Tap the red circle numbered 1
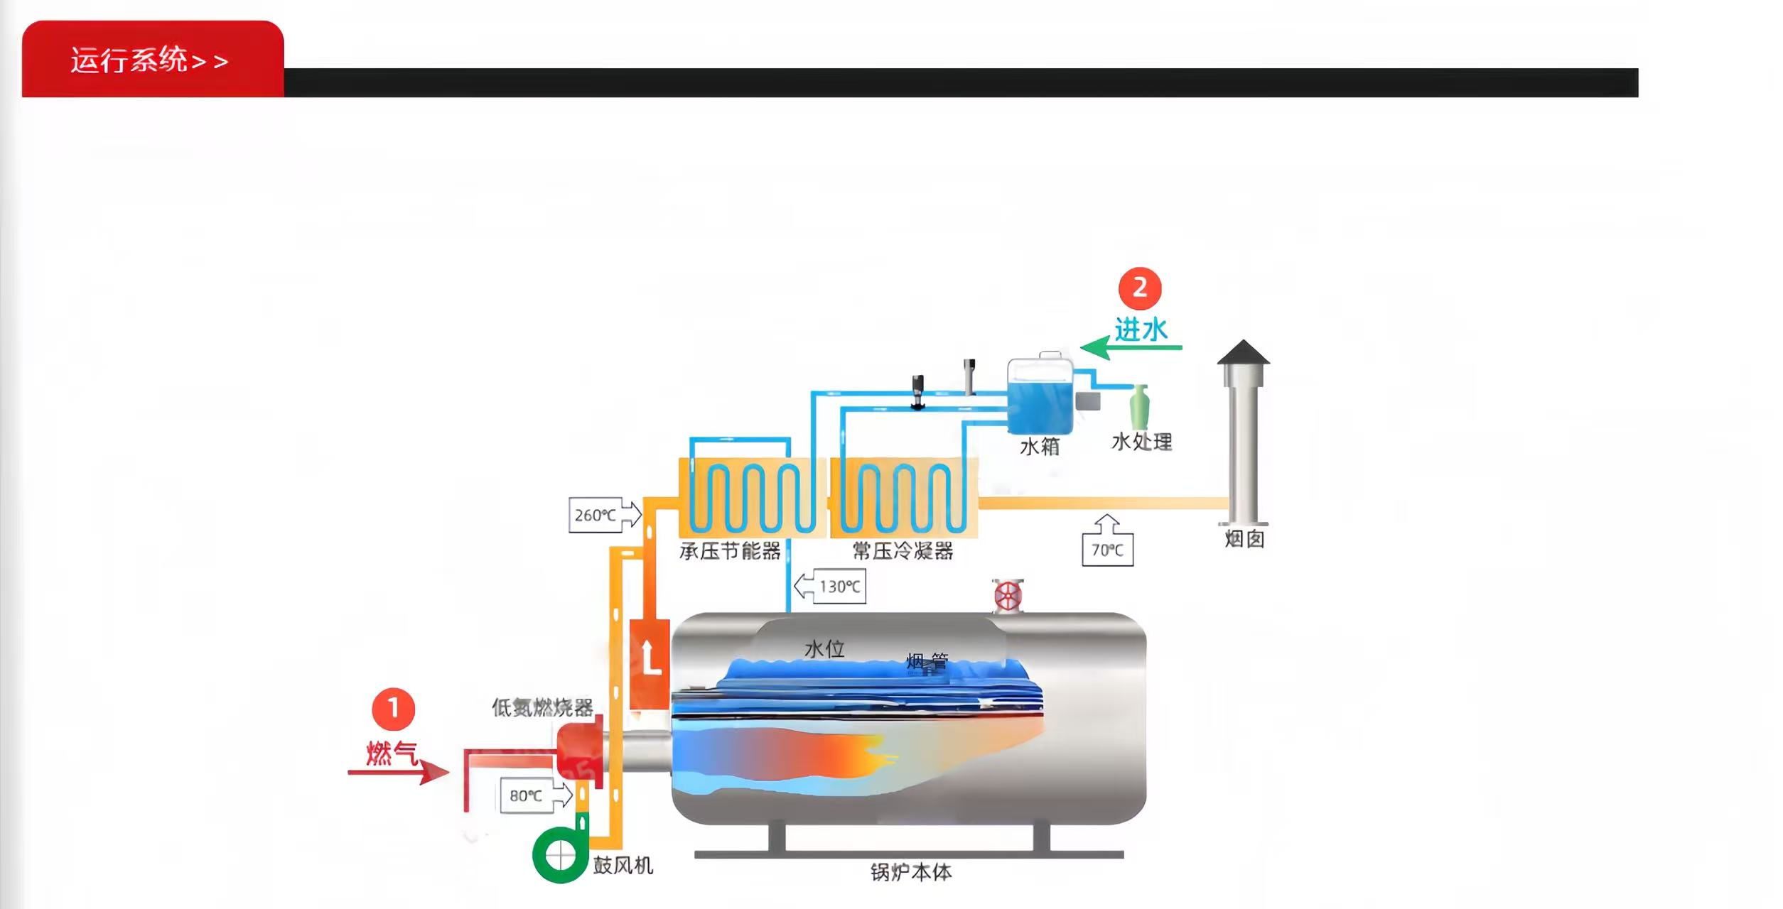pyautogui.click(x=393, y=709)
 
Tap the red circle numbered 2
pyautogui.click(x=1139, y=288)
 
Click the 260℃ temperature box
pyautogui.click(x=596, y=515)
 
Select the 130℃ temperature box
pyautogui.click(x=839, y=587)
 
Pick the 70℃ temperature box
pyautogui.click(x=1107, y=550)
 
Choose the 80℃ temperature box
pyautogui.click(x=527, y=795)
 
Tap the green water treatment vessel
pyautogui.click(x=1139, y=408)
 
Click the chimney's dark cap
pyautogui.click(x=1243, y=353)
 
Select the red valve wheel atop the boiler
pyautogui.click(x=1007, y=596)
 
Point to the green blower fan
pyautogui.click(x=560, y=855)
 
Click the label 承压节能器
pyautogui.click(x=730, y=551)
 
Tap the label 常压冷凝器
pyautogui.click(x=903, y=551)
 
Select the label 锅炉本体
pyautogui.click(x=910, y=872)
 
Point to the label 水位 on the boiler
pyautogui.click(x=824, y=649)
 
